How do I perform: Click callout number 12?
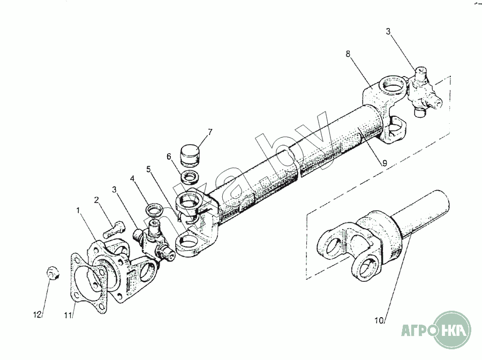pyautogui.click(x=37, y=315)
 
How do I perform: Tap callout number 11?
pyautogui.click(x=67, y=316)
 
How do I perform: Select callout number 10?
pyautogui.click(x=379, y=321)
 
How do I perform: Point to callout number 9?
pyautogui.click(x=384, y=163)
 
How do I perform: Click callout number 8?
pyautogui.click(x=348, y=54)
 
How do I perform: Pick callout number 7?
pyautogui.click(x=210, y=132)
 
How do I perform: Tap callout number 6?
pyautogui.click(x=169, y=156)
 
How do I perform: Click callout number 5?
pyautogui.click(x=149, y=169)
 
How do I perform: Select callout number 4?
pyautogui.click(x=132, y=178)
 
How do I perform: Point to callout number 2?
pyautogui.click(x=96, y=200)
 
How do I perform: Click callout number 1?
pyautogui.click(x=78, y=211)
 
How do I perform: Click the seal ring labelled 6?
pyautogui.click(x=190, y=178)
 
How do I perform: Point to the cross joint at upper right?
pyautogui.click(x=425, y=93)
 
